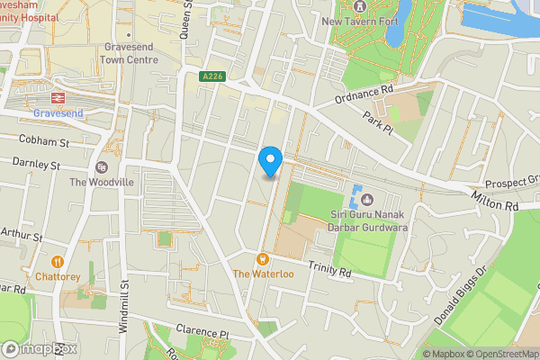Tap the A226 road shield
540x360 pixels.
pos(211,78)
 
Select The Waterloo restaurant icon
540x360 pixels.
pos(264,258)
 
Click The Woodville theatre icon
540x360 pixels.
pos(101,166)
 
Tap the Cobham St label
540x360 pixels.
pos(39,142)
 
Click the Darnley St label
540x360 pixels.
pos(36,164)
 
